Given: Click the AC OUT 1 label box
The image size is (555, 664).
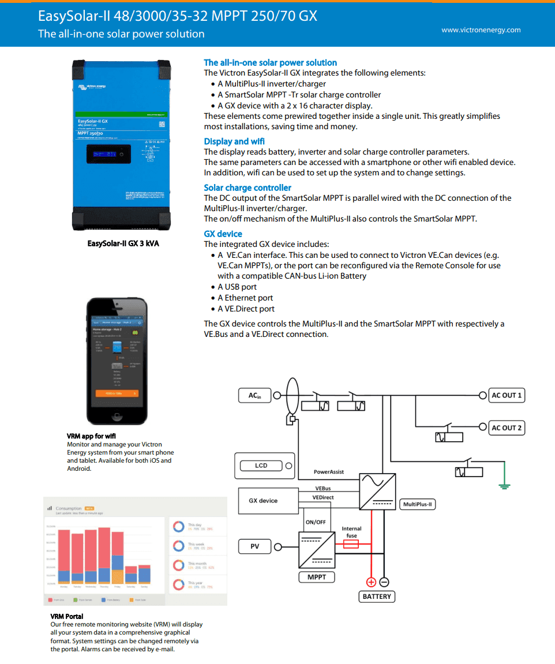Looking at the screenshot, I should (x=507, y=395).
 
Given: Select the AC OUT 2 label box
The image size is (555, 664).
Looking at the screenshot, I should (x=507, y=427).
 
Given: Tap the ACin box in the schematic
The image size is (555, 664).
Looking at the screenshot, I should (x=254, y=395).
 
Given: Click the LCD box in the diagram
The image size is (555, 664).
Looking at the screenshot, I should (x=261, y=466).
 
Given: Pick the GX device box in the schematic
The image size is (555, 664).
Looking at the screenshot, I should (x=263, y=501).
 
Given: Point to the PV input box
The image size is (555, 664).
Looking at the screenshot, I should (x=255, y=546).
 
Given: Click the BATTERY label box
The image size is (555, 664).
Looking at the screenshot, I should (x=377, y=597).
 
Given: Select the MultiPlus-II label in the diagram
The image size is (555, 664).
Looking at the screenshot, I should (x=417, y=504).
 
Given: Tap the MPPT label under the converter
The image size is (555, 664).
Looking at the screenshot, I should (x=317, y=577).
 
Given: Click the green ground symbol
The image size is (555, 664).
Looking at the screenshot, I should (x=505, y=486).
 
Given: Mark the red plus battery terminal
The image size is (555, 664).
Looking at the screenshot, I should (x=371, y=582).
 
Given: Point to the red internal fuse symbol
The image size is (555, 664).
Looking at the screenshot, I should (x=351, y=544).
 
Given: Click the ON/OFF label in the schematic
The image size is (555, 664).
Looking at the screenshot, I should (x=316, y=522).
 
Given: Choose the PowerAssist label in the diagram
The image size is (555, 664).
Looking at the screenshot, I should (x=329, y=472).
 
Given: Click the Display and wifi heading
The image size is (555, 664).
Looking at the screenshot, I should (x=234, y=141).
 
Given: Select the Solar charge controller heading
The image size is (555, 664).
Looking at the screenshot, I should (x=247, y=187).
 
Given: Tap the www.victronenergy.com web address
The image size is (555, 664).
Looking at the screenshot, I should (x=481, y=30).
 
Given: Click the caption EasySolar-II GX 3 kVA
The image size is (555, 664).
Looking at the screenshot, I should (x=123, y=243).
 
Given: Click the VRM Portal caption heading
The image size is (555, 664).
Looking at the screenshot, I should (x=67, y=616).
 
